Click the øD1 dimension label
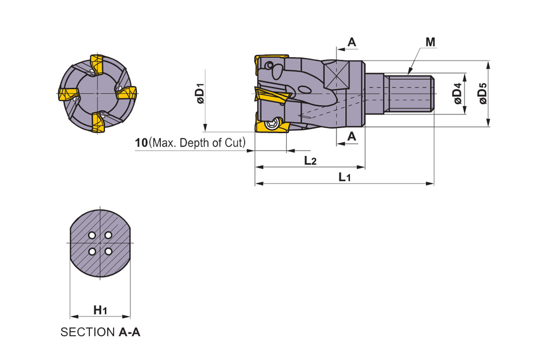coord(200,94)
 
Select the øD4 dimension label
coord(457,94)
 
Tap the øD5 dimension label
coord(483,94)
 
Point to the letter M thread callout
coord(430,42)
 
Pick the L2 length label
coord(310,160)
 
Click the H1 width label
coord(100,310)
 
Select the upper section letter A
coord(352,42)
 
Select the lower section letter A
coord(352,136)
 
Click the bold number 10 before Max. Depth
coord(141,143)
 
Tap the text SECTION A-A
coord(100,332)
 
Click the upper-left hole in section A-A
coord(92,235)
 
